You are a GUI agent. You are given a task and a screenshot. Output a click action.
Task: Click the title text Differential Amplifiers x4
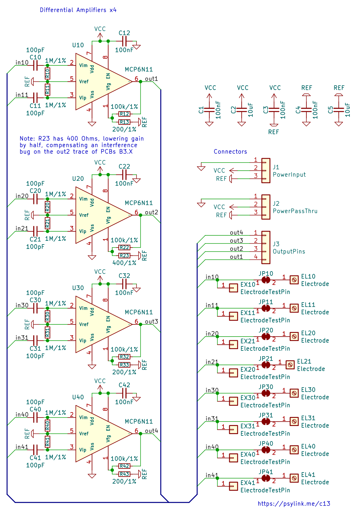coord(78,10)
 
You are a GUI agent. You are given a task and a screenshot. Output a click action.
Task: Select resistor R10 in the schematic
coord(48,74)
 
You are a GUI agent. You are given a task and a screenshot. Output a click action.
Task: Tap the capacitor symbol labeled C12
coord(124,41)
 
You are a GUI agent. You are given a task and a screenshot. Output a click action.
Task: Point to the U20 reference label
coord(78,179)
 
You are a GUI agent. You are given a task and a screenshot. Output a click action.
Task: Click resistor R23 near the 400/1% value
coord(124,255)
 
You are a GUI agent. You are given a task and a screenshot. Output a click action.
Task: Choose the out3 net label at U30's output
coord(151,321)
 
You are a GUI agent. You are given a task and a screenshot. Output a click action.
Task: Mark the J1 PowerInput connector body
coord(266,170)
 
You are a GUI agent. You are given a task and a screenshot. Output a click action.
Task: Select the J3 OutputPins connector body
coord(266,247)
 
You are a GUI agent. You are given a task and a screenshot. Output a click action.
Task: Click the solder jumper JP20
coord(266,336)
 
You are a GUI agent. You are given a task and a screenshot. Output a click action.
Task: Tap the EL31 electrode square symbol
coord(294,421)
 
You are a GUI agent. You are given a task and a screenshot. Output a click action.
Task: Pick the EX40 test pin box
coord(234,458)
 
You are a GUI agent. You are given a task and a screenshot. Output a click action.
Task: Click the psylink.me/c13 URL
coord(294,504)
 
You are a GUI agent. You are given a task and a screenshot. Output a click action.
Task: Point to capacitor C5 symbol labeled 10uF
coord(338,110)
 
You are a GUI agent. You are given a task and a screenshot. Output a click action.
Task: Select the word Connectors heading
coord(230,152)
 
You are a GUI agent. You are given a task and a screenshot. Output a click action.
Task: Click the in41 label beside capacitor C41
coord(22,447)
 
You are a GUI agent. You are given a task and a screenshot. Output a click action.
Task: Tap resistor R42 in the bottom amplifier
coord(124,466)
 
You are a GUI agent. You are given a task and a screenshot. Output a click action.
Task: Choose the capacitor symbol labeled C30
coord(35,308)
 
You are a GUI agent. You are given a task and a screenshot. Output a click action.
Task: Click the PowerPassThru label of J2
coord(295,211)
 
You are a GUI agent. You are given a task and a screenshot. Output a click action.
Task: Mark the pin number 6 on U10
coord(137,79)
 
